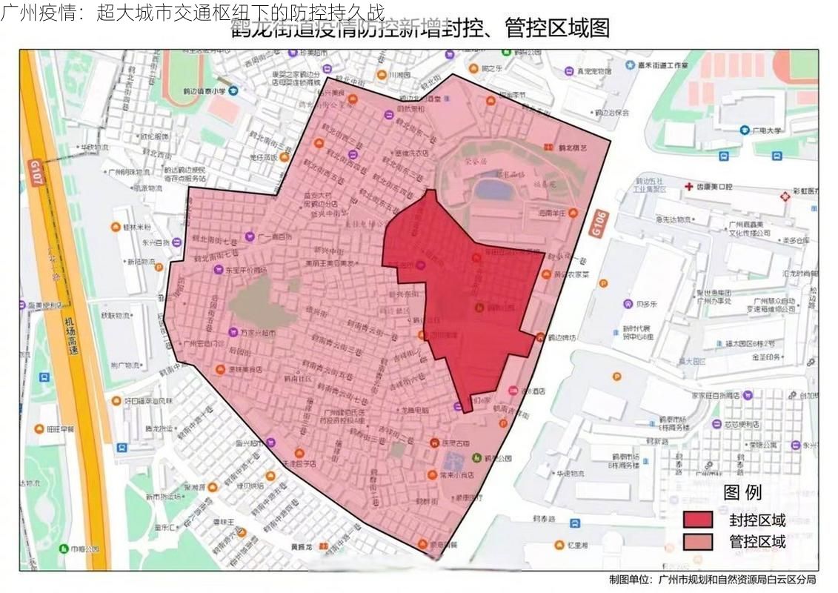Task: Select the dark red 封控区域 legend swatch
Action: point(697,519)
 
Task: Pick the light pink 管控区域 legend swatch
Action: point(697,541)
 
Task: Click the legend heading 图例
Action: point(742,492)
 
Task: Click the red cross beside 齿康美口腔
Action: point(689,187)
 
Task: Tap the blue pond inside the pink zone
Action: point(493,187)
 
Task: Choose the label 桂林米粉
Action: point(136,227)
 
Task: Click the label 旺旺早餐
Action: point(61,428)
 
